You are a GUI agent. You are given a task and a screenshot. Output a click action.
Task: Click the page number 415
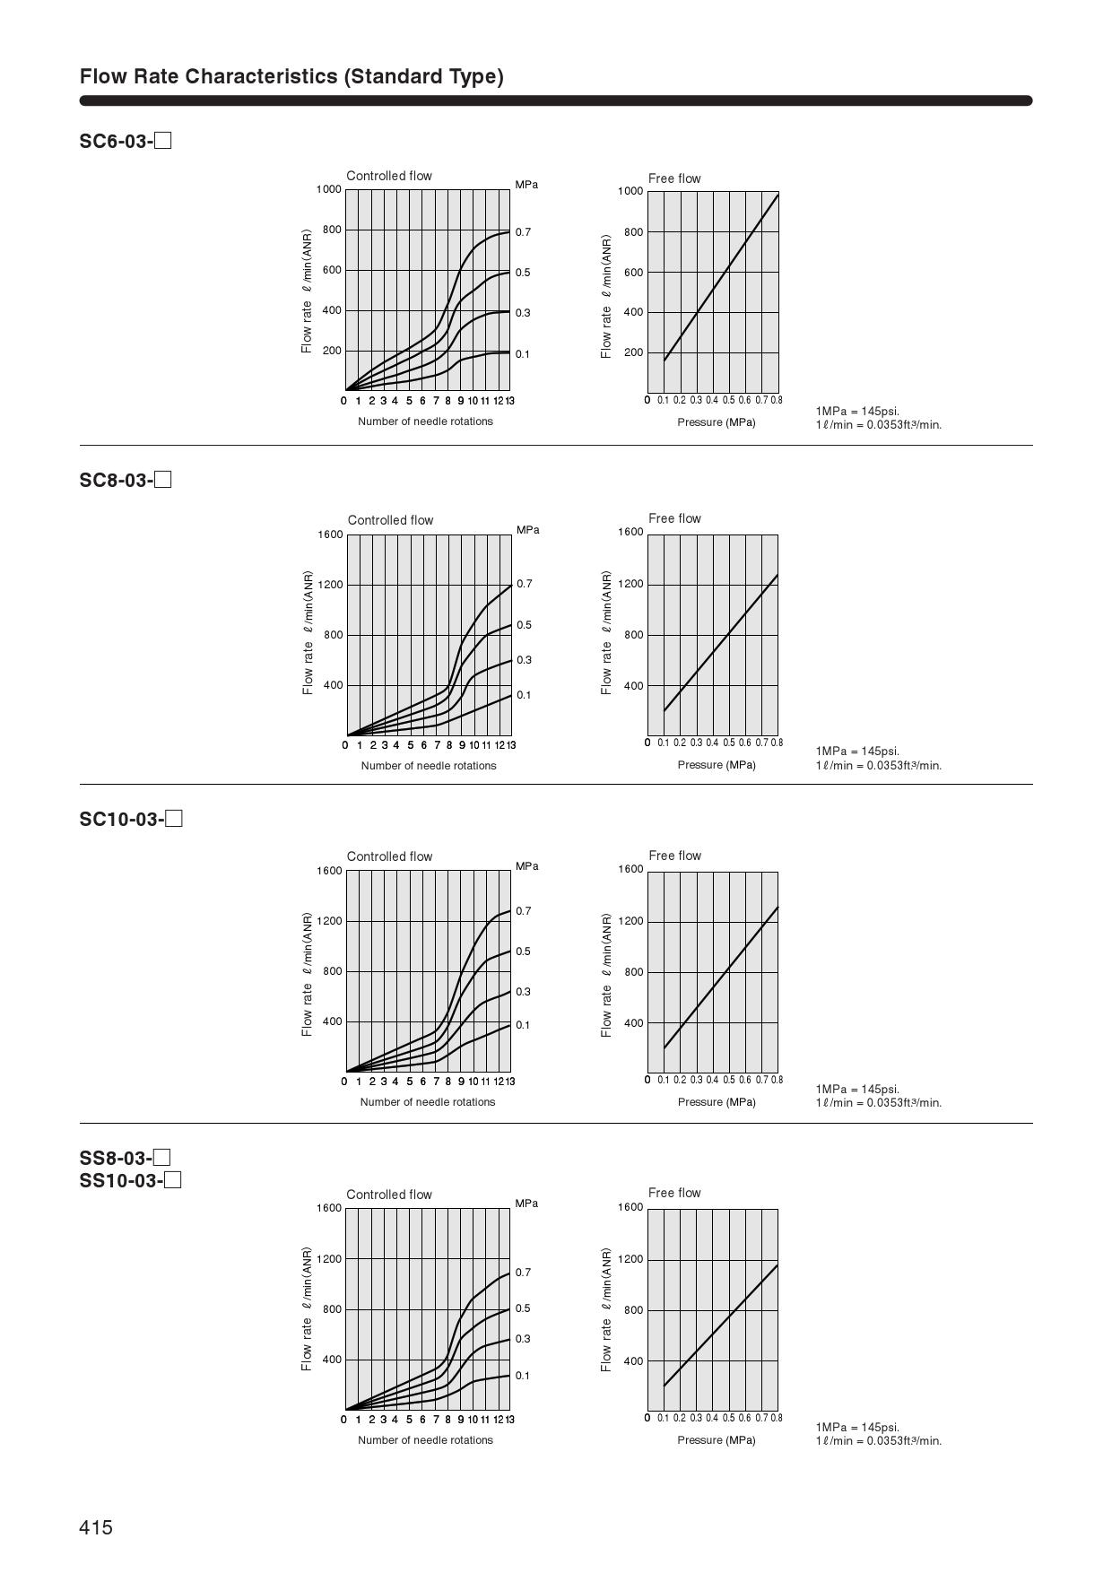tap(96, 1527)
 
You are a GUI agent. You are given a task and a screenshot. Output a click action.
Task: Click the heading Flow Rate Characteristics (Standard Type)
tap(291, 76)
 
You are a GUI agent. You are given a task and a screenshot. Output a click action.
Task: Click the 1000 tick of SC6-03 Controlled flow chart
tap(328, 189)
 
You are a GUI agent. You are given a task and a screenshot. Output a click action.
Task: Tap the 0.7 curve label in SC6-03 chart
tap(523, 232)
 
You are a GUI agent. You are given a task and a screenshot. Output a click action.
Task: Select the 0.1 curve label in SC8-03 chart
tap(524, 695)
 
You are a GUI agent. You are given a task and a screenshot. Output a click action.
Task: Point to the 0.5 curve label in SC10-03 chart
tap(523, 952)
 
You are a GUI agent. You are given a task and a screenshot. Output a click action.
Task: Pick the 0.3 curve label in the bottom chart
tap(523, 1339)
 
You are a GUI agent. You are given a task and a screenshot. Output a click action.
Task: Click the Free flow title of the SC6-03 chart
tap(674, 178)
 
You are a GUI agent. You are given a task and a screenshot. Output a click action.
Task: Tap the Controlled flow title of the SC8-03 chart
tap(390, 520)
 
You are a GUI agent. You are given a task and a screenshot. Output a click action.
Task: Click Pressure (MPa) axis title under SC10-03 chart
tap(717, 1102)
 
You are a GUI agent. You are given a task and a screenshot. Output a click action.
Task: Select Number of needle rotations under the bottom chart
tap(425, 1440)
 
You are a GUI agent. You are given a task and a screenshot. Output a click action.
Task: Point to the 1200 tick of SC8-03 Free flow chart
tap(630, 584)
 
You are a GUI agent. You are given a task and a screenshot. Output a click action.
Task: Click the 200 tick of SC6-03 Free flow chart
tap(634, 352)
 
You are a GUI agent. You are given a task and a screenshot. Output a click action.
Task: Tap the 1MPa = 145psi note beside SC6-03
tap(857, 412)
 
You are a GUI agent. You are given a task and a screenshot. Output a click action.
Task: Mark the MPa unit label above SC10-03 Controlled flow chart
tap(527, 866)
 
